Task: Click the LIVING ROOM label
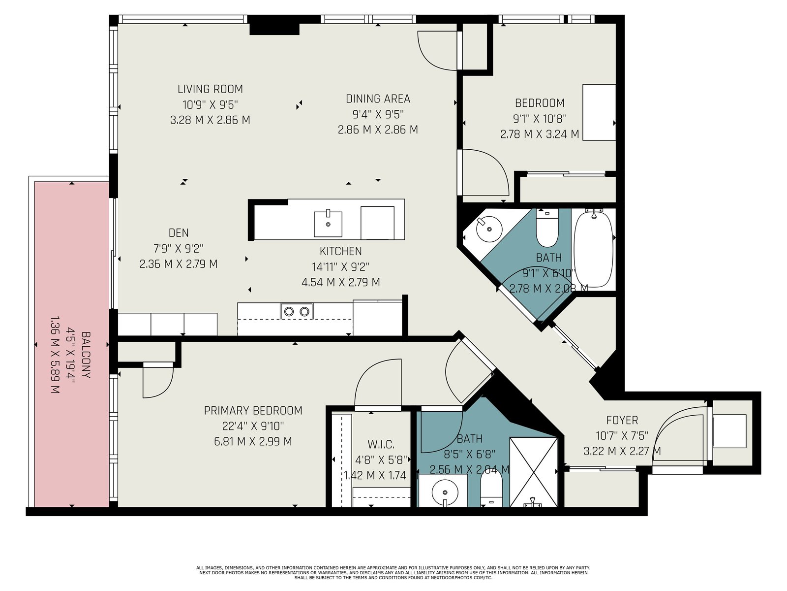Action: pyautogui.click(x=210, y=89)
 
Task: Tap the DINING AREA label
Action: pyautogui.click(x=378, y=98)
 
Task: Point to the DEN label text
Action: pyautogui.click(x=179, y=233)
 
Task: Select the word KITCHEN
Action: pyautogui.click(x=340, y=251)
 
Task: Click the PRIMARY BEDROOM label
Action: pyautogui.click(x=253, y=411)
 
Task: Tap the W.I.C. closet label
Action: pyautogui.click(x=381, y=445)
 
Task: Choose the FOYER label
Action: pyautogui.click(x=622, y=420)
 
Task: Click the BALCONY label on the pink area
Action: pyautogui.click(x=86, y=355)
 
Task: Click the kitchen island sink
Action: pyautogui.click(x=328, y=224)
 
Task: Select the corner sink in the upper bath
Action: pyautogui.click(x=489, y=230)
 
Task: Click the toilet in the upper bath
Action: pyautogui.click(x=547, y=228)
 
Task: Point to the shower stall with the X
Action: pyautogui.click(x=534, y=472)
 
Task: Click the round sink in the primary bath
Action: pyautogui.click(x=445, y=492)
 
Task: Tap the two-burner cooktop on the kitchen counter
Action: pyautogui.click(x=297, y=311)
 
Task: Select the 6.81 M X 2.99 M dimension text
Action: pyautogui.click(x=253, y=441)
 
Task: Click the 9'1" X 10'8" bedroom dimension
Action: pyautogui.click(x=540, y=118)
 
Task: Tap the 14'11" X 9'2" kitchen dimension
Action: pyautogui.click(x=340, y=267)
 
